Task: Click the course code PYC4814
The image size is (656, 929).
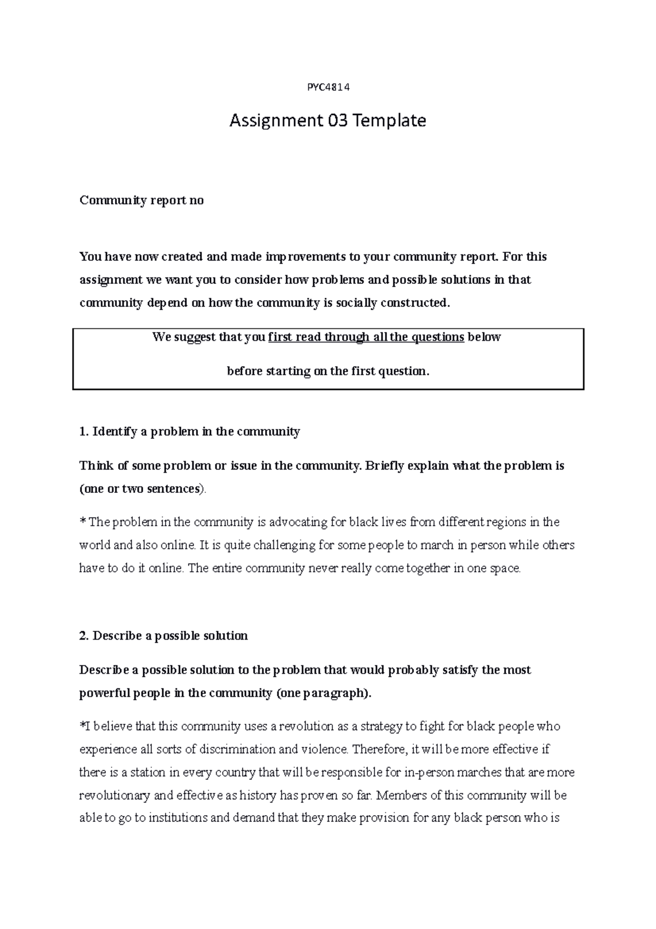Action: pos(327,88)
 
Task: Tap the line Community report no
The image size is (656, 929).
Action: pos(142,201)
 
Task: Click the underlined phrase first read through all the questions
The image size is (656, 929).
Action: pos(366,337)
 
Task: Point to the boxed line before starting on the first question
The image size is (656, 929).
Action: pos(328,371)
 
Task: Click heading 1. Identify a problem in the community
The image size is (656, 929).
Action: pos(190,432)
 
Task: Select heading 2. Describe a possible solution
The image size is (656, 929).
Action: pos(163,636)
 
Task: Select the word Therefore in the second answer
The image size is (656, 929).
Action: pos(379,750)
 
